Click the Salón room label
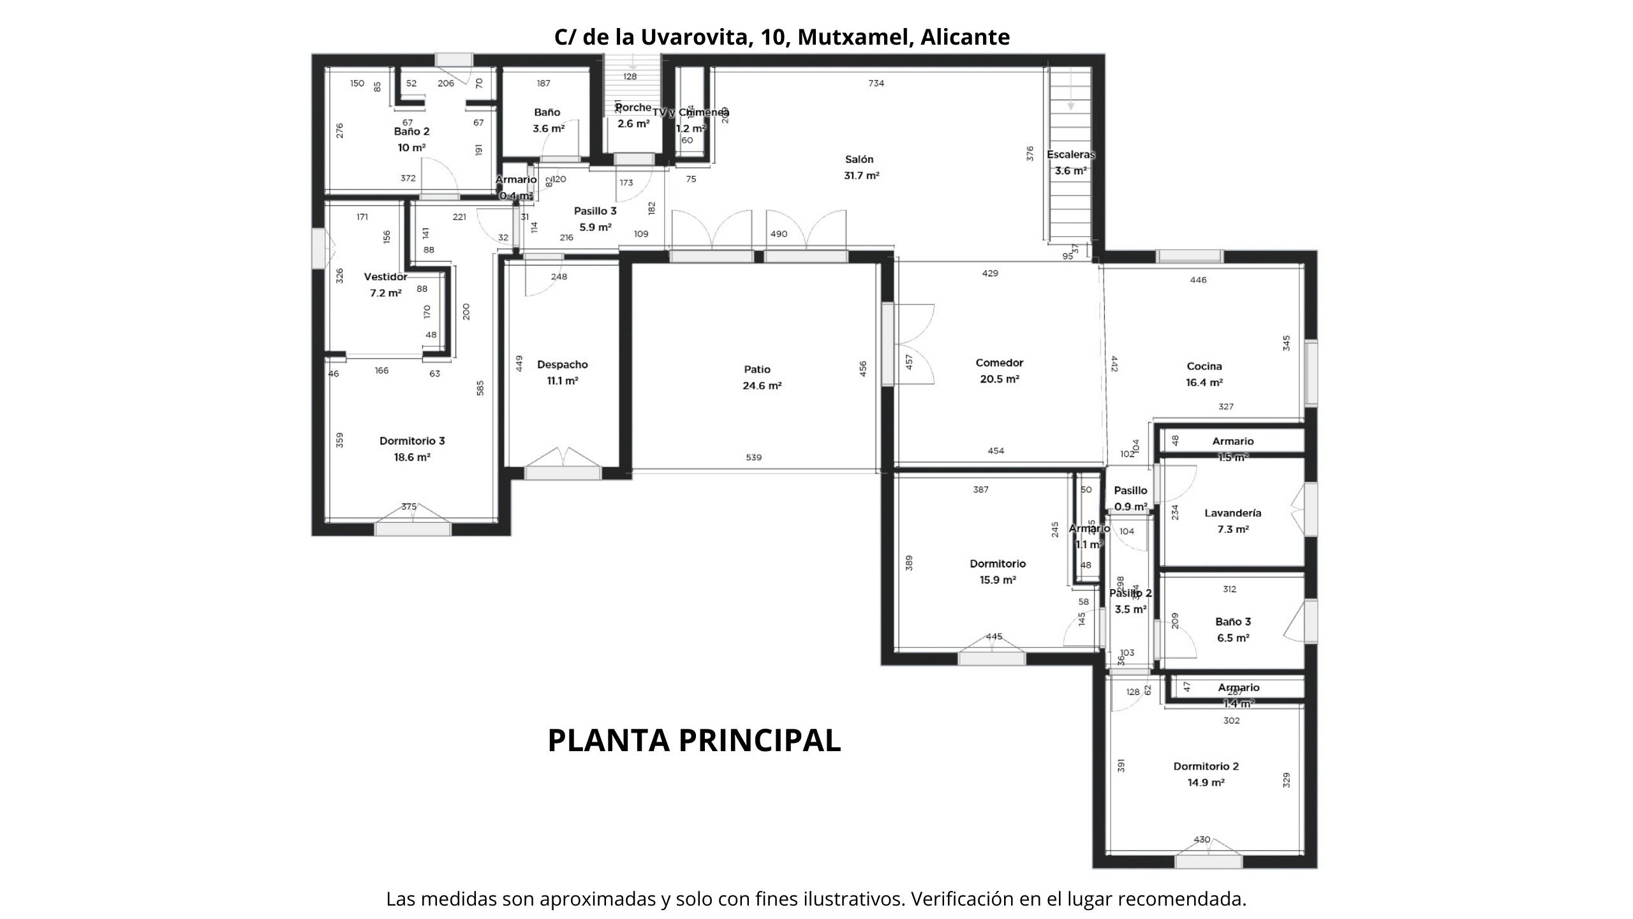(x=859, y=160)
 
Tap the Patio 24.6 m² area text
(x=762, y=385)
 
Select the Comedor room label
(x=999, y=363)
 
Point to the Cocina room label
(x=1204, y=366)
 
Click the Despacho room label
(x=562, y=365)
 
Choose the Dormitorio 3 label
(x=412, y=441)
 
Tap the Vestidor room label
(x=385, y=277)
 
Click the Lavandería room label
(x=1232, y=513)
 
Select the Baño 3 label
(x=1232, y=622)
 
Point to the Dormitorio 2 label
(x=1206, y=766)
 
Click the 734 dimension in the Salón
(x=876, y=83)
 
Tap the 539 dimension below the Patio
(x=753, y=458)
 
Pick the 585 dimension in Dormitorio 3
(x=480, y=388)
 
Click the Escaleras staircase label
(x=1070, y=154)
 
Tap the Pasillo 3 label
(x=595, y=211)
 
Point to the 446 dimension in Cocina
(x=1198, y=280)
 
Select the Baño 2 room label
(x=411, y=132)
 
